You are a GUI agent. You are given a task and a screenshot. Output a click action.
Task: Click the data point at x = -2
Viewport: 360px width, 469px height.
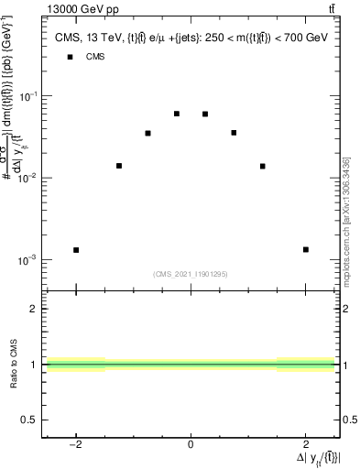(x=76, y=249)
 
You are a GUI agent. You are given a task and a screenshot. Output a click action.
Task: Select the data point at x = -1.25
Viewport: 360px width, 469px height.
(x=119, y=166)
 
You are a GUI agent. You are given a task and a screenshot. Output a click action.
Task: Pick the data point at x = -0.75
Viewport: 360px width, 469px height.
(x=147, y=133)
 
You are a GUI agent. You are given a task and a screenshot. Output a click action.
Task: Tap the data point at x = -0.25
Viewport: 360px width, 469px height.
(x=176, y=114)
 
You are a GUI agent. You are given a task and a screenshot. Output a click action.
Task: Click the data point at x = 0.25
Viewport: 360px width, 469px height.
(x=205, y=114)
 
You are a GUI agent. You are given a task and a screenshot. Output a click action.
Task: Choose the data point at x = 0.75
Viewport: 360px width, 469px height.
(x=234, y=133)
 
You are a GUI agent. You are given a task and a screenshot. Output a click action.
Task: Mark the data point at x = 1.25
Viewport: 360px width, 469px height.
(x=262, y=166)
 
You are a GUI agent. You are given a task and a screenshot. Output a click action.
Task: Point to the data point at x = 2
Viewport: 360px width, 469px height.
(x=305, y=249)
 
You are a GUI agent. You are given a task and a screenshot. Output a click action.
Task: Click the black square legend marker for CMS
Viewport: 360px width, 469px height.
(x=70, y=57)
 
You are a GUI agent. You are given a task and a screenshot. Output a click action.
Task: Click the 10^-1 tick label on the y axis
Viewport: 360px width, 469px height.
(x=27, y=95)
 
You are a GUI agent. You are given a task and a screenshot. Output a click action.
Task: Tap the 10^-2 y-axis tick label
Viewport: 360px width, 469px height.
(x=27, y=177)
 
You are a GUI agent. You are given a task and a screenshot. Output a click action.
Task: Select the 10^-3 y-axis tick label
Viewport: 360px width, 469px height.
(x=27, y=259)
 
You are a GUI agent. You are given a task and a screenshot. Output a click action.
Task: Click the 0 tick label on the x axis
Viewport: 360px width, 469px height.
(x=191, y=446)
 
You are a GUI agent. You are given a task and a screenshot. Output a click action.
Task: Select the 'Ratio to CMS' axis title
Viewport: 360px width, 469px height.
(x=14, y=364)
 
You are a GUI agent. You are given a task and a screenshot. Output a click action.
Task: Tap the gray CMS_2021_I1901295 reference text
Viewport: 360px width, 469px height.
(x=190, y=274)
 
